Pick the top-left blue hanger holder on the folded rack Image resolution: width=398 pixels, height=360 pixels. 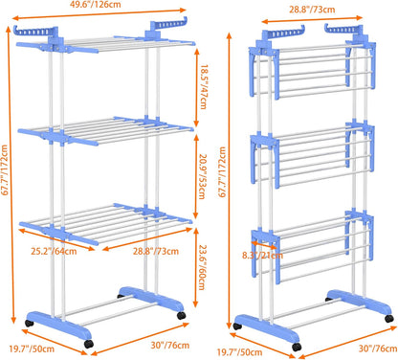273,33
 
